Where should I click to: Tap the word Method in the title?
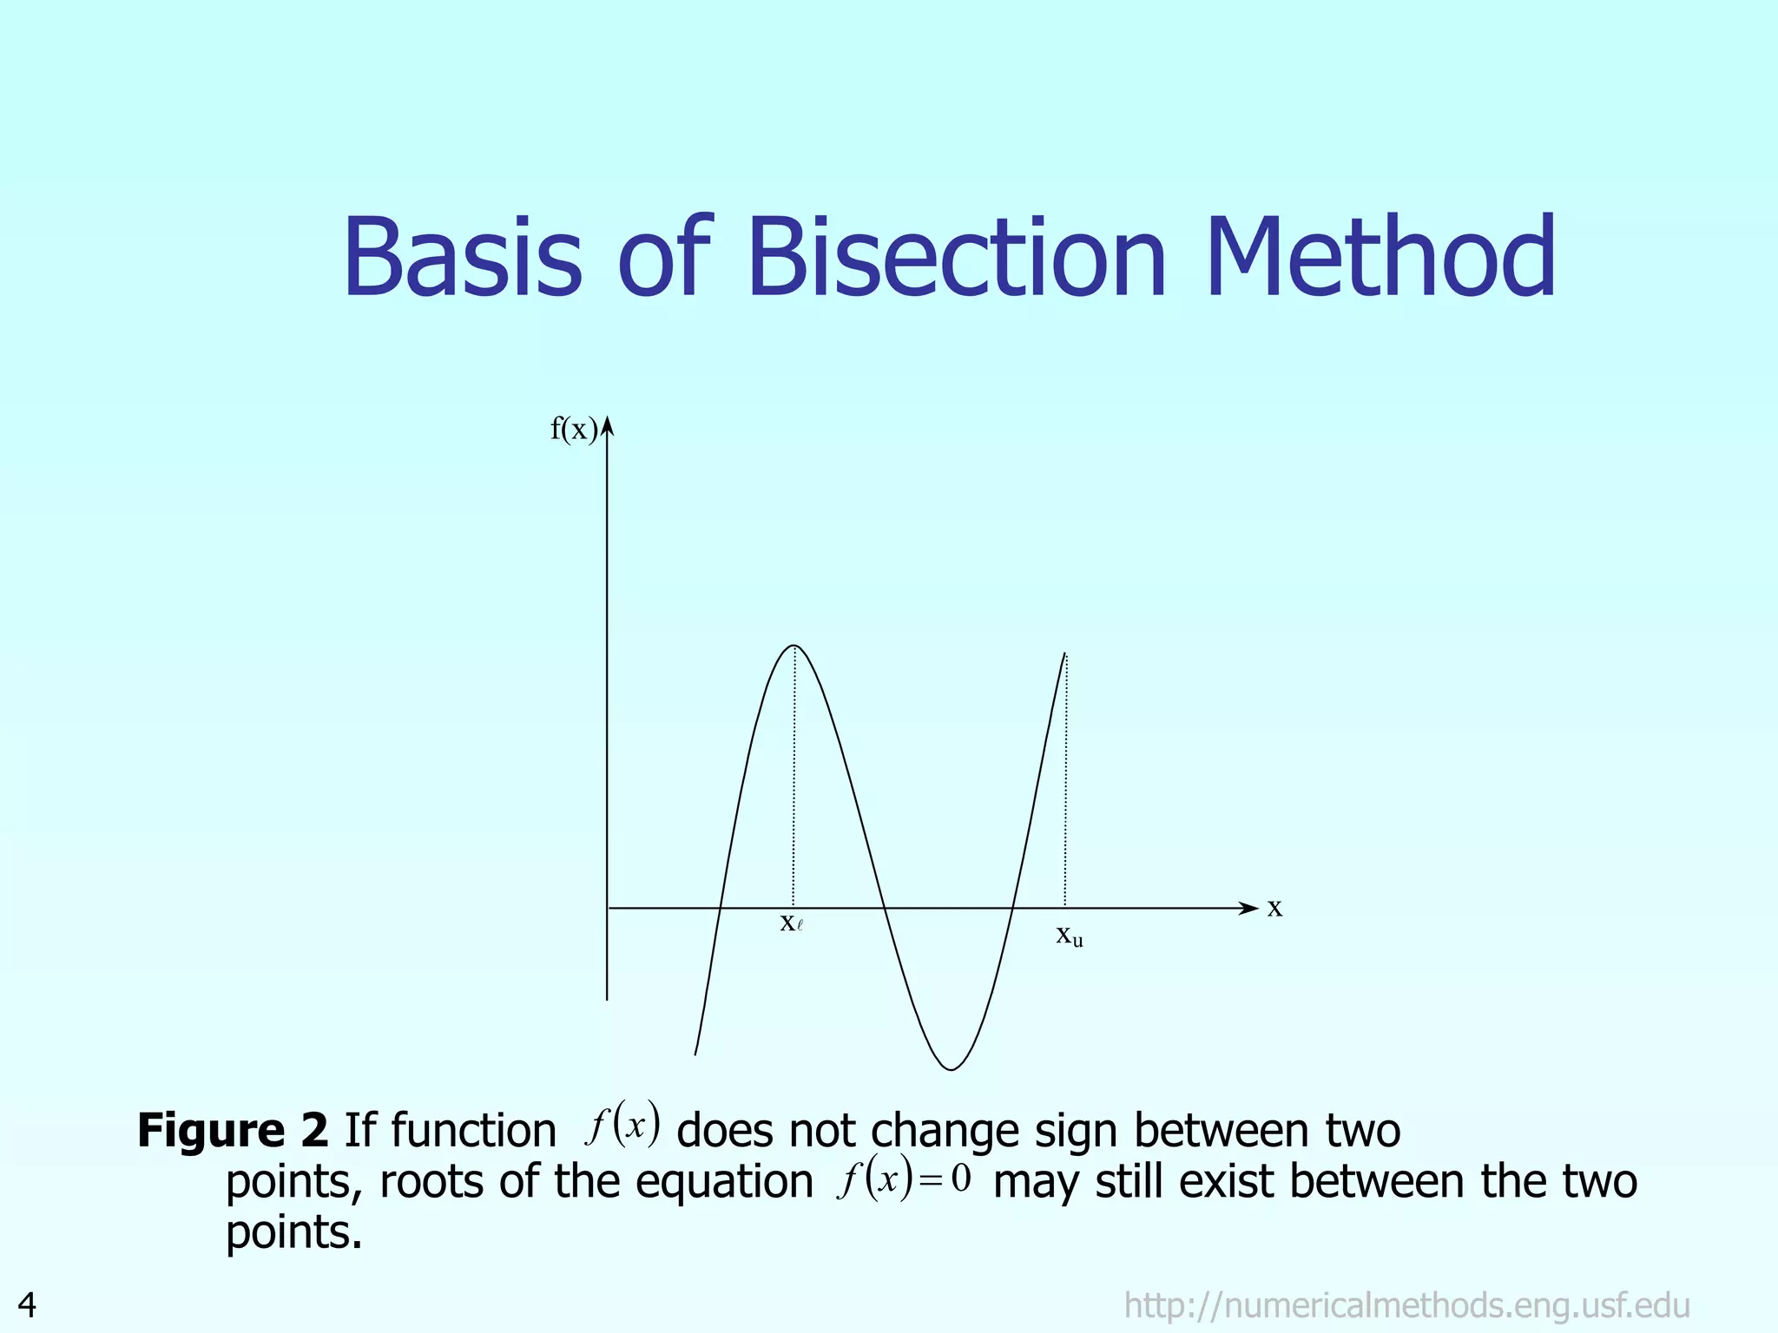pyautogui.click(x=1380, y=259)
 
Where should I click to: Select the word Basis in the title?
pyautogui.click(x=462, y=259)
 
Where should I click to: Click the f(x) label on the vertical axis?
pyautogui.click(x=573, y=430)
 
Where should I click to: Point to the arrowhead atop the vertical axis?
pyautogui.click(x=608, y=424)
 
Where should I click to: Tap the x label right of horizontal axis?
pyautogui.click(x=1274, y=908)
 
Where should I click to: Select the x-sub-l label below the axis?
pyautogui.click(x=791, y=923)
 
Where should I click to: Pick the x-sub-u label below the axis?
pyautogui.click(x=1069, y=936)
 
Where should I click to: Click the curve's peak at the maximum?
pyautogui.click(x=794, y=646)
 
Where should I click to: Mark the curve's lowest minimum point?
pyautogui.click(x=952, y=1069)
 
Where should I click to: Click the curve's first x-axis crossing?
pyautogui.click(x=720, y=908)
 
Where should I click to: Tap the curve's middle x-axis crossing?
pyautogui.click(x=883, y=908)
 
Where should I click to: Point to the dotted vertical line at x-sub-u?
pyautogui.click(x=1065, y=781)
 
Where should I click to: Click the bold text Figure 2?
pyautogui.click(x=233, y=1131)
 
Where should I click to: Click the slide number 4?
pyautogui.click(x=27, y=1304)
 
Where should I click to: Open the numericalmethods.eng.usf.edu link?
pyautogui.click(x=1406, y=1305)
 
